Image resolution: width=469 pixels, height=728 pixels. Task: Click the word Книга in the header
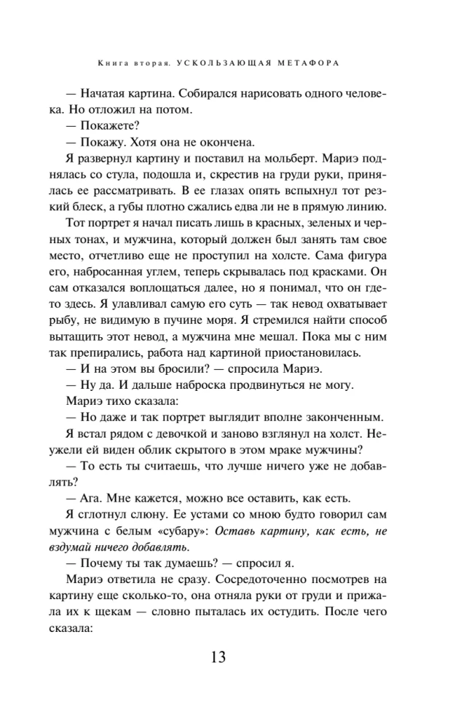pos(111,63)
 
